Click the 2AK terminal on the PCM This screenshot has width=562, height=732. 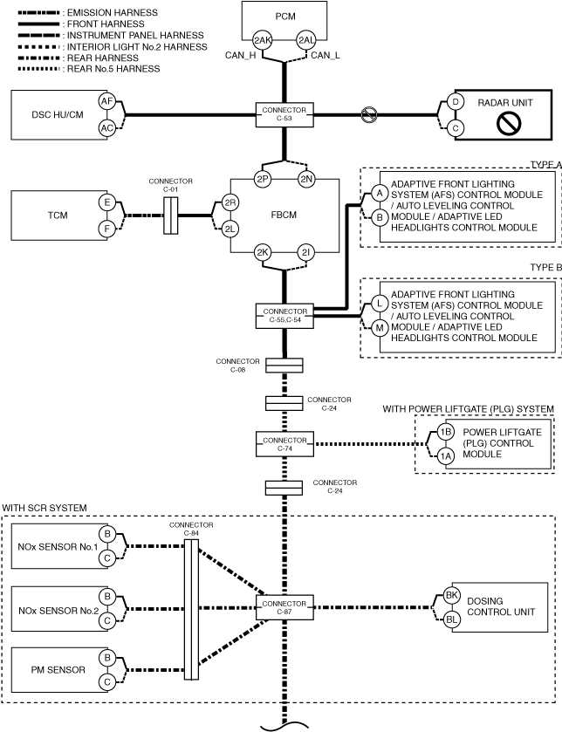coord(263,40)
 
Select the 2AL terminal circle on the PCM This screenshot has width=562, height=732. coord(306,40)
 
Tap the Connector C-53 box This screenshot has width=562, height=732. coord(284,114)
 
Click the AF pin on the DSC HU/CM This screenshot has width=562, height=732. coord(106,101)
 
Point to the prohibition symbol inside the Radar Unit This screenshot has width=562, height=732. coord(509,124)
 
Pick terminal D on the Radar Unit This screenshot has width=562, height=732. coord(456,102)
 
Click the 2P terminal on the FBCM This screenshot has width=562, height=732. coord(263,179)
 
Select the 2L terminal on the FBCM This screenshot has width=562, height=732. coord(230,229)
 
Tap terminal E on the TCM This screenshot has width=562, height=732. coord(106,202)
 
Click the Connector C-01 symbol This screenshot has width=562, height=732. coord(170,215)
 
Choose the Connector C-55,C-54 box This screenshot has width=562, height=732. coord(284,316)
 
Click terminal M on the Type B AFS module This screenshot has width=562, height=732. coord(380,328)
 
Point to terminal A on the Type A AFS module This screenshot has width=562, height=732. coord(380,193)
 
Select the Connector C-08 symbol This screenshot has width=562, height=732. coord(284,365)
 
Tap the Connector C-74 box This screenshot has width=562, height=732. coord(284,444)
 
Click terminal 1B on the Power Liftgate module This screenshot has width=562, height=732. coord(445,432)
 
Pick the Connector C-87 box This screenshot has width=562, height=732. coord(284,607)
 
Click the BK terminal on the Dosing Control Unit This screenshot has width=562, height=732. coord(451,595)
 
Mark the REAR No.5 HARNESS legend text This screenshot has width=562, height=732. coord(113,69)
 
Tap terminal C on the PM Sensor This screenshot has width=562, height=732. coord(106,682)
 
